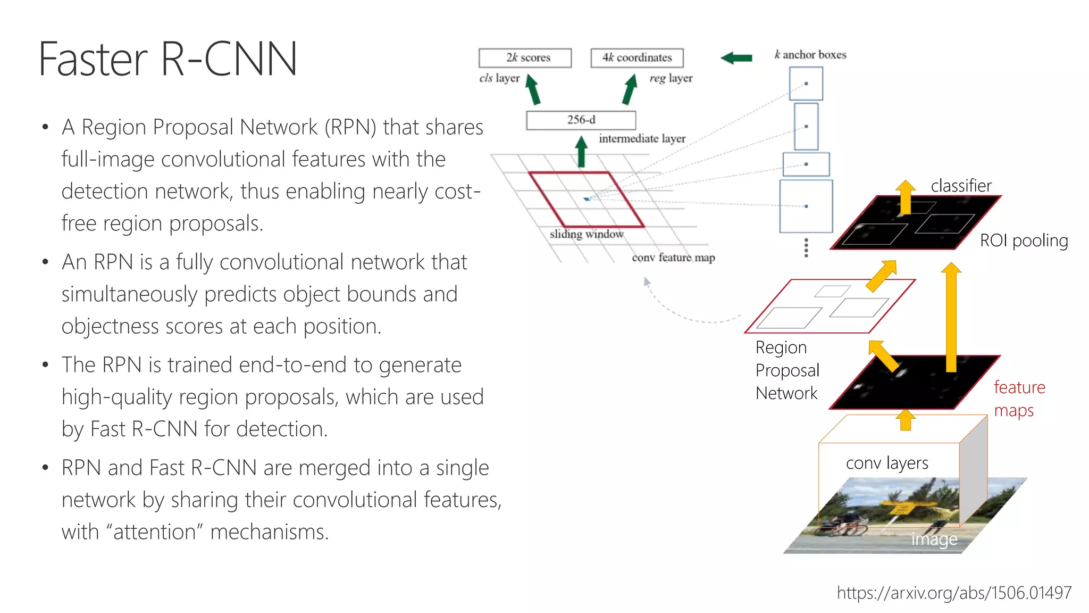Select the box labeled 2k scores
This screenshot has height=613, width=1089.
tap(525, 57)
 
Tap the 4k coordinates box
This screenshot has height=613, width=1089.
tap(637, 57)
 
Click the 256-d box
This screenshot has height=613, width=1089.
tap(581, 120)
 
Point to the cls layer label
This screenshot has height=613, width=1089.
tap(499, 78)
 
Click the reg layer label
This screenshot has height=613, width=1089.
tap(671, 78)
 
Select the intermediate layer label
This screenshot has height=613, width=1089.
tap(642, 138)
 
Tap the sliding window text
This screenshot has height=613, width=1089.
tap(587, 234)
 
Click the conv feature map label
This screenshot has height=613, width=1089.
tap(673, 258)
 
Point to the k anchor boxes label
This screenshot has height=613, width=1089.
tap(810, 55)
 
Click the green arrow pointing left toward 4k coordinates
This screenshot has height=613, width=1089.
tap(736, 57)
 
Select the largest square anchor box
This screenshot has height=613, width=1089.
tap(806, 206)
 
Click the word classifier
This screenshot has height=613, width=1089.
tap(961, 186)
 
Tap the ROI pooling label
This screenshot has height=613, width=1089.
tap(1024, 241)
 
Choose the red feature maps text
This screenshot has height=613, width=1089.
tap(1019, 399)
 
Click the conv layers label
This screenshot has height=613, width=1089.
tap(887, 463)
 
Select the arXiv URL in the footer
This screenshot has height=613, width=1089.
tap(954, 593)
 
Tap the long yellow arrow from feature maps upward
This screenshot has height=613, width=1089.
tap(951, 319)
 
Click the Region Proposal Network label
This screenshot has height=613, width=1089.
tap(787, 370)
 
